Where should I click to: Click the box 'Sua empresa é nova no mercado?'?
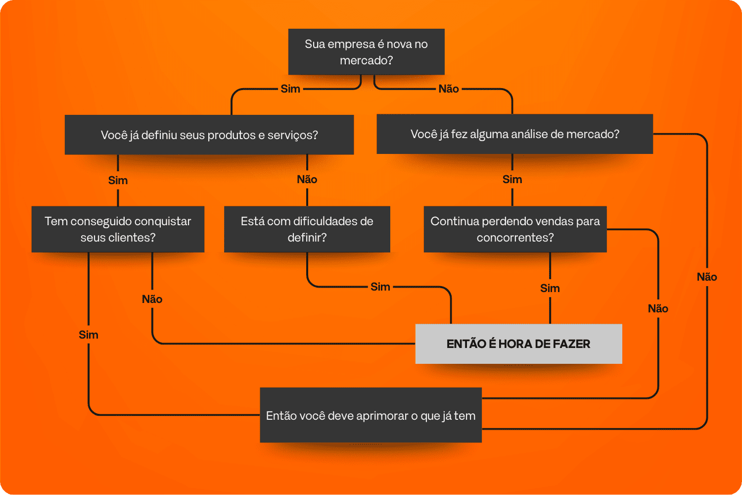tap(366, 52)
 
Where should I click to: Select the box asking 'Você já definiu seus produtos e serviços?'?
tap(209, 135)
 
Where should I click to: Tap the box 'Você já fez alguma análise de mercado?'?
tap(514, 134)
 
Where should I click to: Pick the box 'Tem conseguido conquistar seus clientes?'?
tap(118, 229)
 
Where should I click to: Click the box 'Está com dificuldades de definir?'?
tap(307, 229)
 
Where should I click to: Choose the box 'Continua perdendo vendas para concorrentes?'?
tap(515, 229)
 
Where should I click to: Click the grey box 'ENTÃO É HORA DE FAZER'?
tap(518, 344)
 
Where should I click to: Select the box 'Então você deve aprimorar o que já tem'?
tap(371, 415)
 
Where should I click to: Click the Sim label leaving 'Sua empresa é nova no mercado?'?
tap(290, 89)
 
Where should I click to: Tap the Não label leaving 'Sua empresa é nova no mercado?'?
tap(449, 89)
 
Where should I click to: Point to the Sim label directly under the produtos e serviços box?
tap(118, 181)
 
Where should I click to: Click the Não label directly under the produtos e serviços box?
tap(307, 180)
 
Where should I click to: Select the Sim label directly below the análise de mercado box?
tap(512, 180)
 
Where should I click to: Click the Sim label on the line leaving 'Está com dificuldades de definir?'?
tap(380, 287)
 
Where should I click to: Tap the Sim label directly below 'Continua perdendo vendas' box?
tap(550, 289)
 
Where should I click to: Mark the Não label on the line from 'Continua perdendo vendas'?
tap(658, 309)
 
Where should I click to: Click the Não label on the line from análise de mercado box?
tap(706, 277)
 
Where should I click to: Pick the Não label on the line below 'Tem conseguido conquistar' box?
tap(152, 299)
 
